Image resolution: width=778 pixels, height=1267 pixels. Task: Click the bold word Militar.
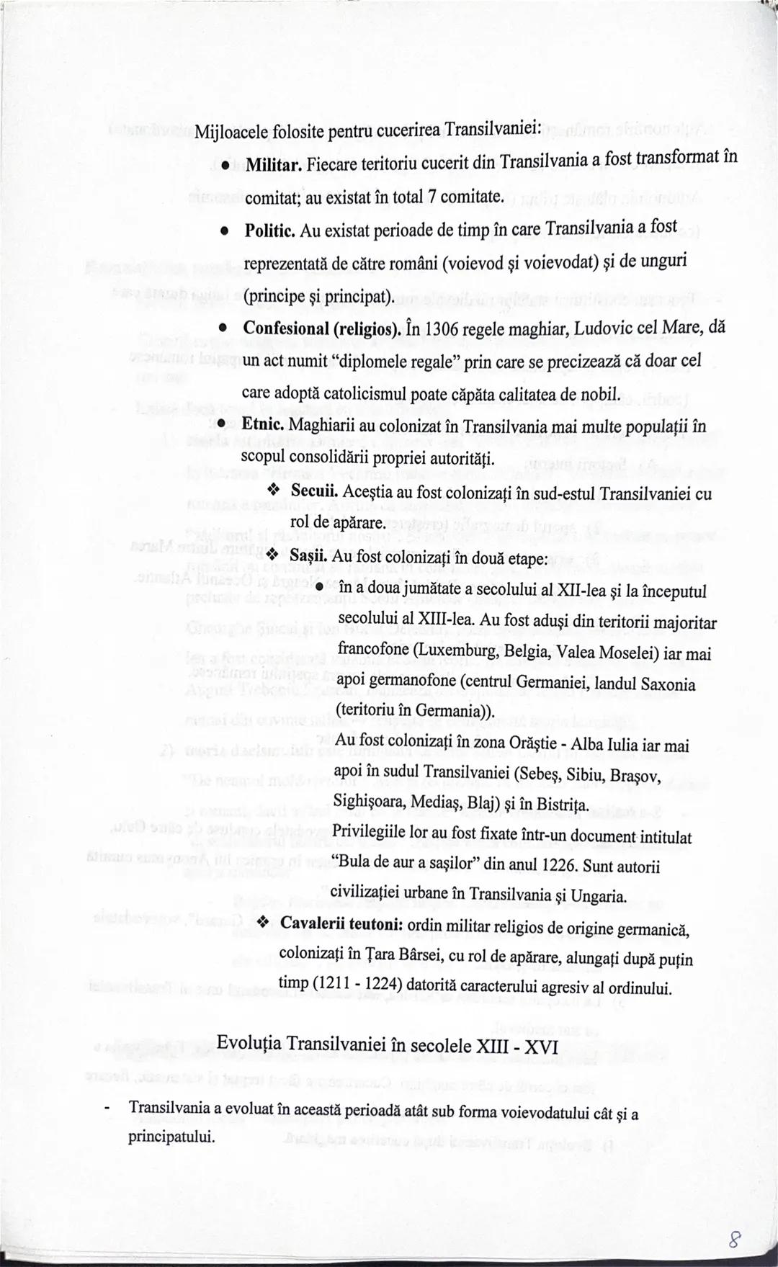[x=273, y=166]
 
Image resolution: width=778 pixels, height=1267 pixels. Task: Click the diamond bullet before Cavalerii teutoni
[x=264, y=923]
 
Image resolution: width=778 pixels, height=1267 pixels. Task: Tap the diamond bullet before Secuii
[x=273, y=491]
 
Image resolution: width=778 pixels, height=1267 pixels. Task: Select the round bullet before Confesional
[x=225, y=328]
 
